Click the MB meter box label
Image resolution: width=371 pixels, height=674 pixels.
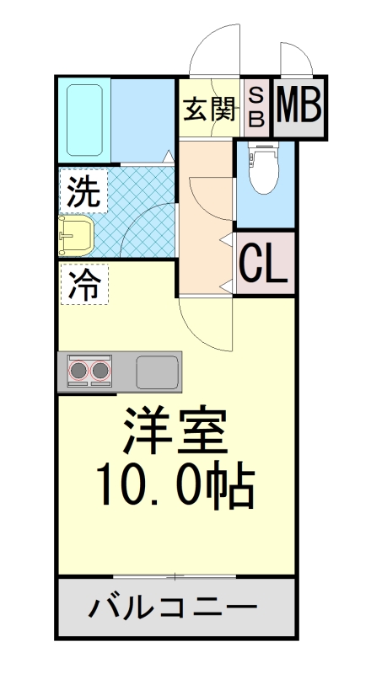(298, 106)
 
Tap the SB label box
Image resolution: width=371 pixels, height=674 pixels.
(256, 107)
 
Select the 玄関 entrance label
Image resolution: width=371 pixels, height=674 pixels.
(208, 109)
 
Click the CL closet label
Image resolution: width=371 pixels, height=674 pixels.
(265, 264)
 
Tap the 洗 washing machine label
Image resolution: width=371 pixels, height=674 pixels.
(83, 193)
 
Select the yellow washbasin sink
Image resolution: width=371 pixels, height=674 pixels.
(76, 235)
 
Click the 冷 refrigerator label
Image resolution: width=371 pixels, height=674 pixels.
(83, 286)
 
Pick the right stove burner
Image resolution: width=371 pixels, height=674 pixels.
(101, 370)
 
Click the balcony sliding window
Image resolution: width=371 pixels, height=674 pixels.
(175, 576)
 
